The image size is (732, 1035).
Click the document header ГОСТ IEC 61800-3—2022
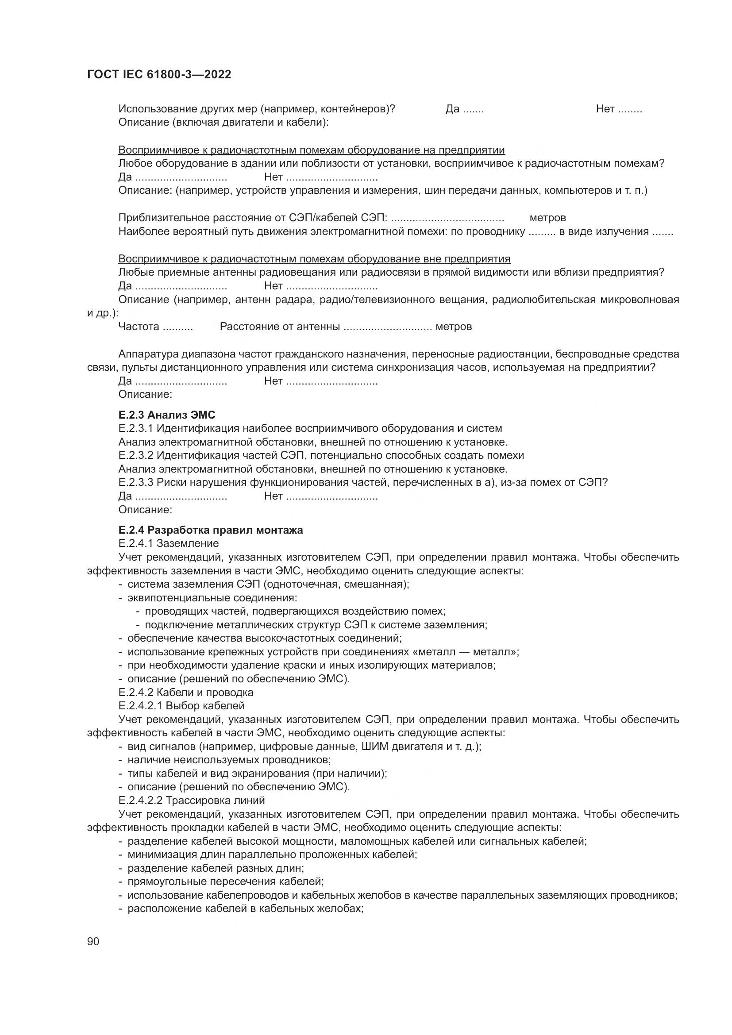pos(159,75)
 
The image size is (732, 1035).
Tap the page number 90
pos(93,941)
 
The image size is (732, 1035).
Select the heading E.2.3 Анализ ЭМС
pos(167,414)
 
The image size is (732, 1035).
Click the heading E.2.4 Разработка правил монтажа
pos(211,530)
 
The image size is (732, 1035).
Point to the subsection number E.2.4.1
pos(135,543)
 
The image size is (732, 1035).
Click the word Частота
pos(139,327)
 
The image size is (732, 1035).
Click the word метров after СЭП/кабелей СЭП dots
pos(547,218)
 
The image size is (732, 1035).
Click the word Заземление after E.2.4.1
pos(188,543)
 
